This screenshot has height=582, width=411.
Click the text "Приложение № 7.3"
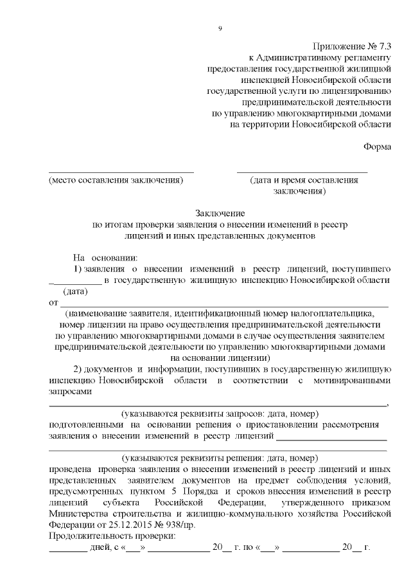tap(352, 46)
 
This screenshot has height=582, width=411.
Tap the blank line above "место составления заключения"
tap(121, 171)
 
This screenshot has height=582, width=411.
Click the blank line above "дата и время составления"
tap(302, 171)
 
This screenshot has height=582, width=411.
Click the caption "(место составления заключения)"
tap(116, 181)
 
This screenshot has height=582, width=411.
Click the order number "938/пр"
tap(178, 524)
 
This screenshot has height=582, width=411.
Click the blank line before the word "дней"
tap(67, 549)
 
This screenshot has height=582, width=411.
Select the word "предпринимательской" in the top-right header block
tap(317, 101)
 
